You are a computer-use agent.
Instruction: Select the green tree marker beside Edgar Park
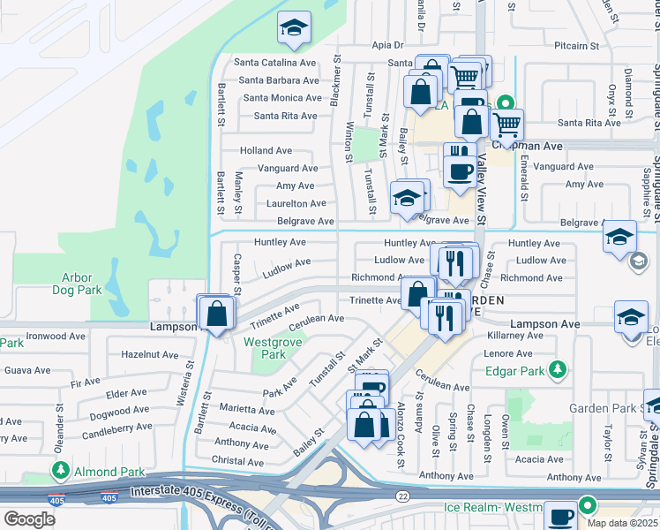556,369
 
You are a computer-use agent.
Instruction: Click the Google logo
29,519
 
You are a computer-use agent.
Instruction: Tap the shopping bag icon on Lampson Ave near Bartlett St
216,314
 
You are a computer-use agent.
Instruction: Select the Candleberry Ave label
117,432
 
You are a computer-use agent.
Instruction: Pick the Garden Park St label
610,408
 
